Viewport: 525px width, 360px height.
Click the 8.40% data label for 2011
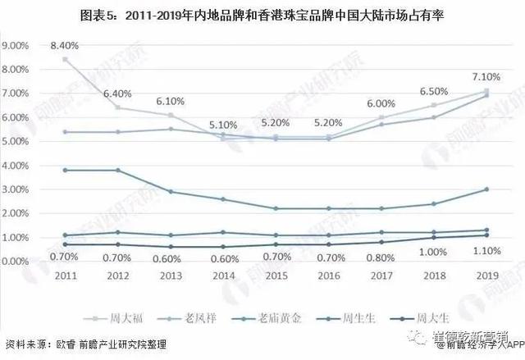point(65,46)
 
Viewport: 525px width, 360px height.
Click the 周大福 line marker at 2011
point(65,59)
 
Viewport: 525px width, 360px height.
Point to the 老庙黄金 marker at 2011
point(65,170)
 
